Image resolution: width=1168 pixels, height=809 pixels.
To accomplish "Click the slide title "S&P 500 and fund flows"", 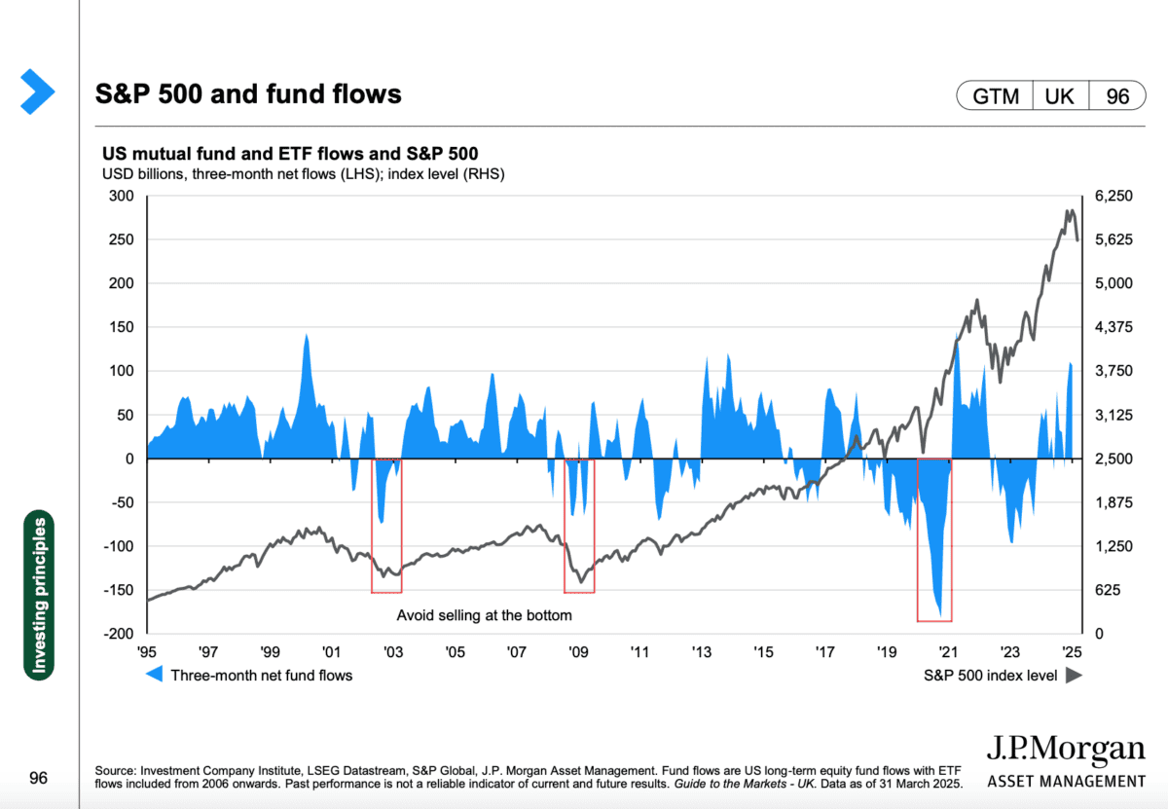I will [x=248, y=94].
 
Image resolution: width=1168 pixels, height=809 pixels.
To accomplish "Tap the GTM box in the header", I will [x=994, y=96].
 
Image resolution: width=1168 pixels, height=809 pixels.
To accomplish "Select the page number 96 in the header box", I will [x=1116, y=96].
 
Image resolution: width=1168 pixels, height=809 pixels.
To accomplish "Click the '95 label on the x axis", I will [x=146, y=651].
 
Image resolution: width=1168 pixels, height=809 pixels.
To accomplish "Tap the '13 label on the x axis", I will [x=702, y=651].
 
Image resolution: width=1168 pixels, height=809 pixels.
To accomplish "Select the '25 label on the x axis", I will [x=1072, y=651].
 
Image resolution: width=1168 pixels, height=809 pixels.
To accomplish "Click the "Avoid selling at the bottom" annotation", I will [x=484, y=615].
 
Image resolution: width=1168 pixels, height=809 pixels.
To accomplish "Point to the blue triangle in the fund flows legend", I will [x=154, y=675].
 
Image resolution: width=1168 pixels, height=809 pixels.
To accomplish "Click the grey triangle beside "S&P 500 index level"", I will [x=1074, y=675].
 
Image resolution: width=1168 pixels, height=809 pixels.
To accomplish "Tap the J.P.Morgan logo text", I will [x=1066, y=751].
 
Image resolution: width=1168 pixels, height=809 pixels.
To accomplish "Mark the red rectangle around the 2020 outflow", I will [x=934, y=539].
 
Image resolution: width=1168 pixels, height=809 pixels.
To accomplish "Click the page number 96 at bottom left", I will [x=38, y=778].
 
